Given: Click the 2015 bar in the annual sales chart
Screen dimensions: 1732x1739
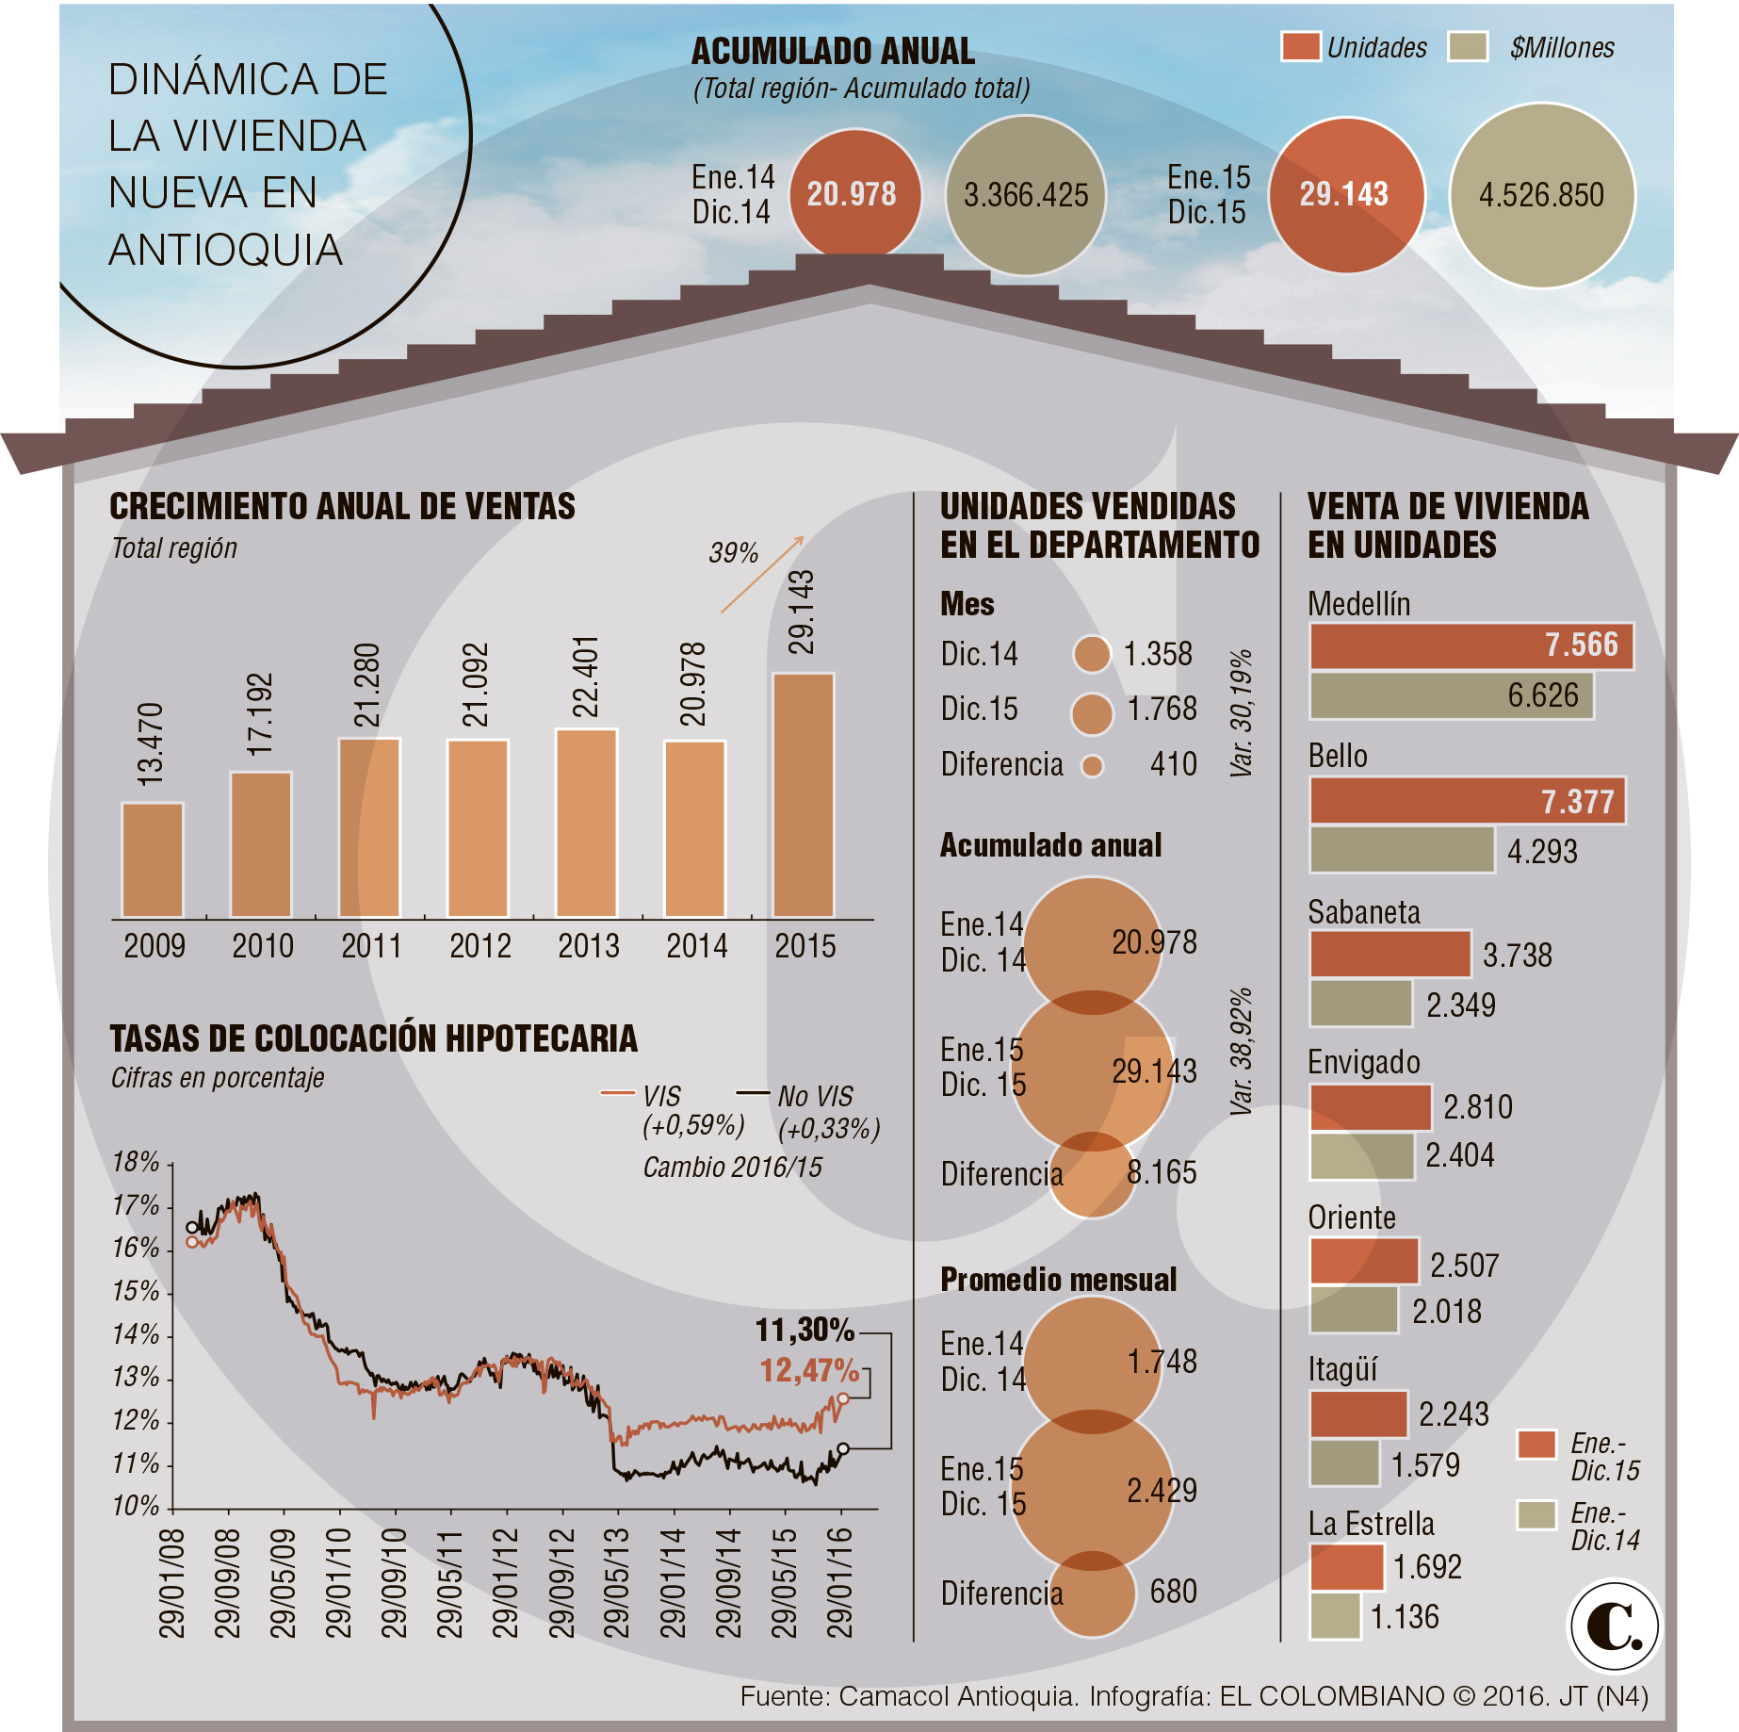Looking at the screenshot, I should click(803, 795).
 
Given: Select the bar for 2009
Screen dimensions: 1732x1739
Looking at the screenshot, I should click(152, 860).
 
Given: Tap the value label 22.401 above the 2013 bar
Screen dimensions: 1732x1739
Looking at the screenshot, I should click(586, 677).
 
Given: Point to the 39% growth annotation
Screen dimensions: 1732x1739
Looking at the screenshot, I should click(733, 553).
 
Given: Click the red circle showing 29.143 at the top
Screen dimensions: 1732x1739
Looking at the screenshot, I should click(1345, 195).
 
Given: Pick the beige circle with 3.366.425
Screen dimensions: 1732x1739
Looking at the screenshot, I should click(1025, 195).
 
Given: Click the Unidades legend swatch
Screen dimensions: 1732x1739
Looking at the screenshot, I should click(1300, 47).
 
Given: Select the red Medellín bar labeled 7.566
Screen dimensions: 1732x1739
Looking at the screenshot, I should click(1470, 645).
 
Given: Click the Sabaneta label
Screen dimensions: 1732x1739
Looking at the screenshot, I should click(1363, 912).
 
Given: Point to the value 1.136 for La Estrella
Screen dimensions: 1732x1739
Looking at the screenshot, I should click(1405, 1617).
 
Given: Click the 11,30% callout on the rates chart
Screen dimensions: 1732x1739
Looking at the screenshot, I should click(804, 1330).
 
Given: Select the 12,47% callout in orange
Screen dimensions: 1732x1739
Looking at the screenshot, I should click(809, 1370).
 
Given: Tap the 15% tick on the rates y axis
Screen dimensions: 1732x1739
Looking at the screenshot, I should click(136, 1291).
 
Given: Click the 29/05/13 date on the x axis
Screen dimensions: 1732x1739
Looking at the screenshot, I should click(616, 1583).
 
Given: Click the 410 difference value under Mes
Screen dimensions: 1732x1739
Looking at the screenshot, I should click(1173, 764).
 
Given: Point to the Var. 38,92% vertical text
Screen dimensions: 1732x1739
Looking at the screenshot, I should click(1242, 1052).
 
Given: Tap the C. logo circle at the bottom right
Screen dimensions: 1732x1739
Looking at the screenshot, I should click(1614, 1626).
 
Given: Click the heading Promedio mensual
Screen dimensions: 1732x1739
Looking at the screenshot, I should click(1059, 1280).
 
